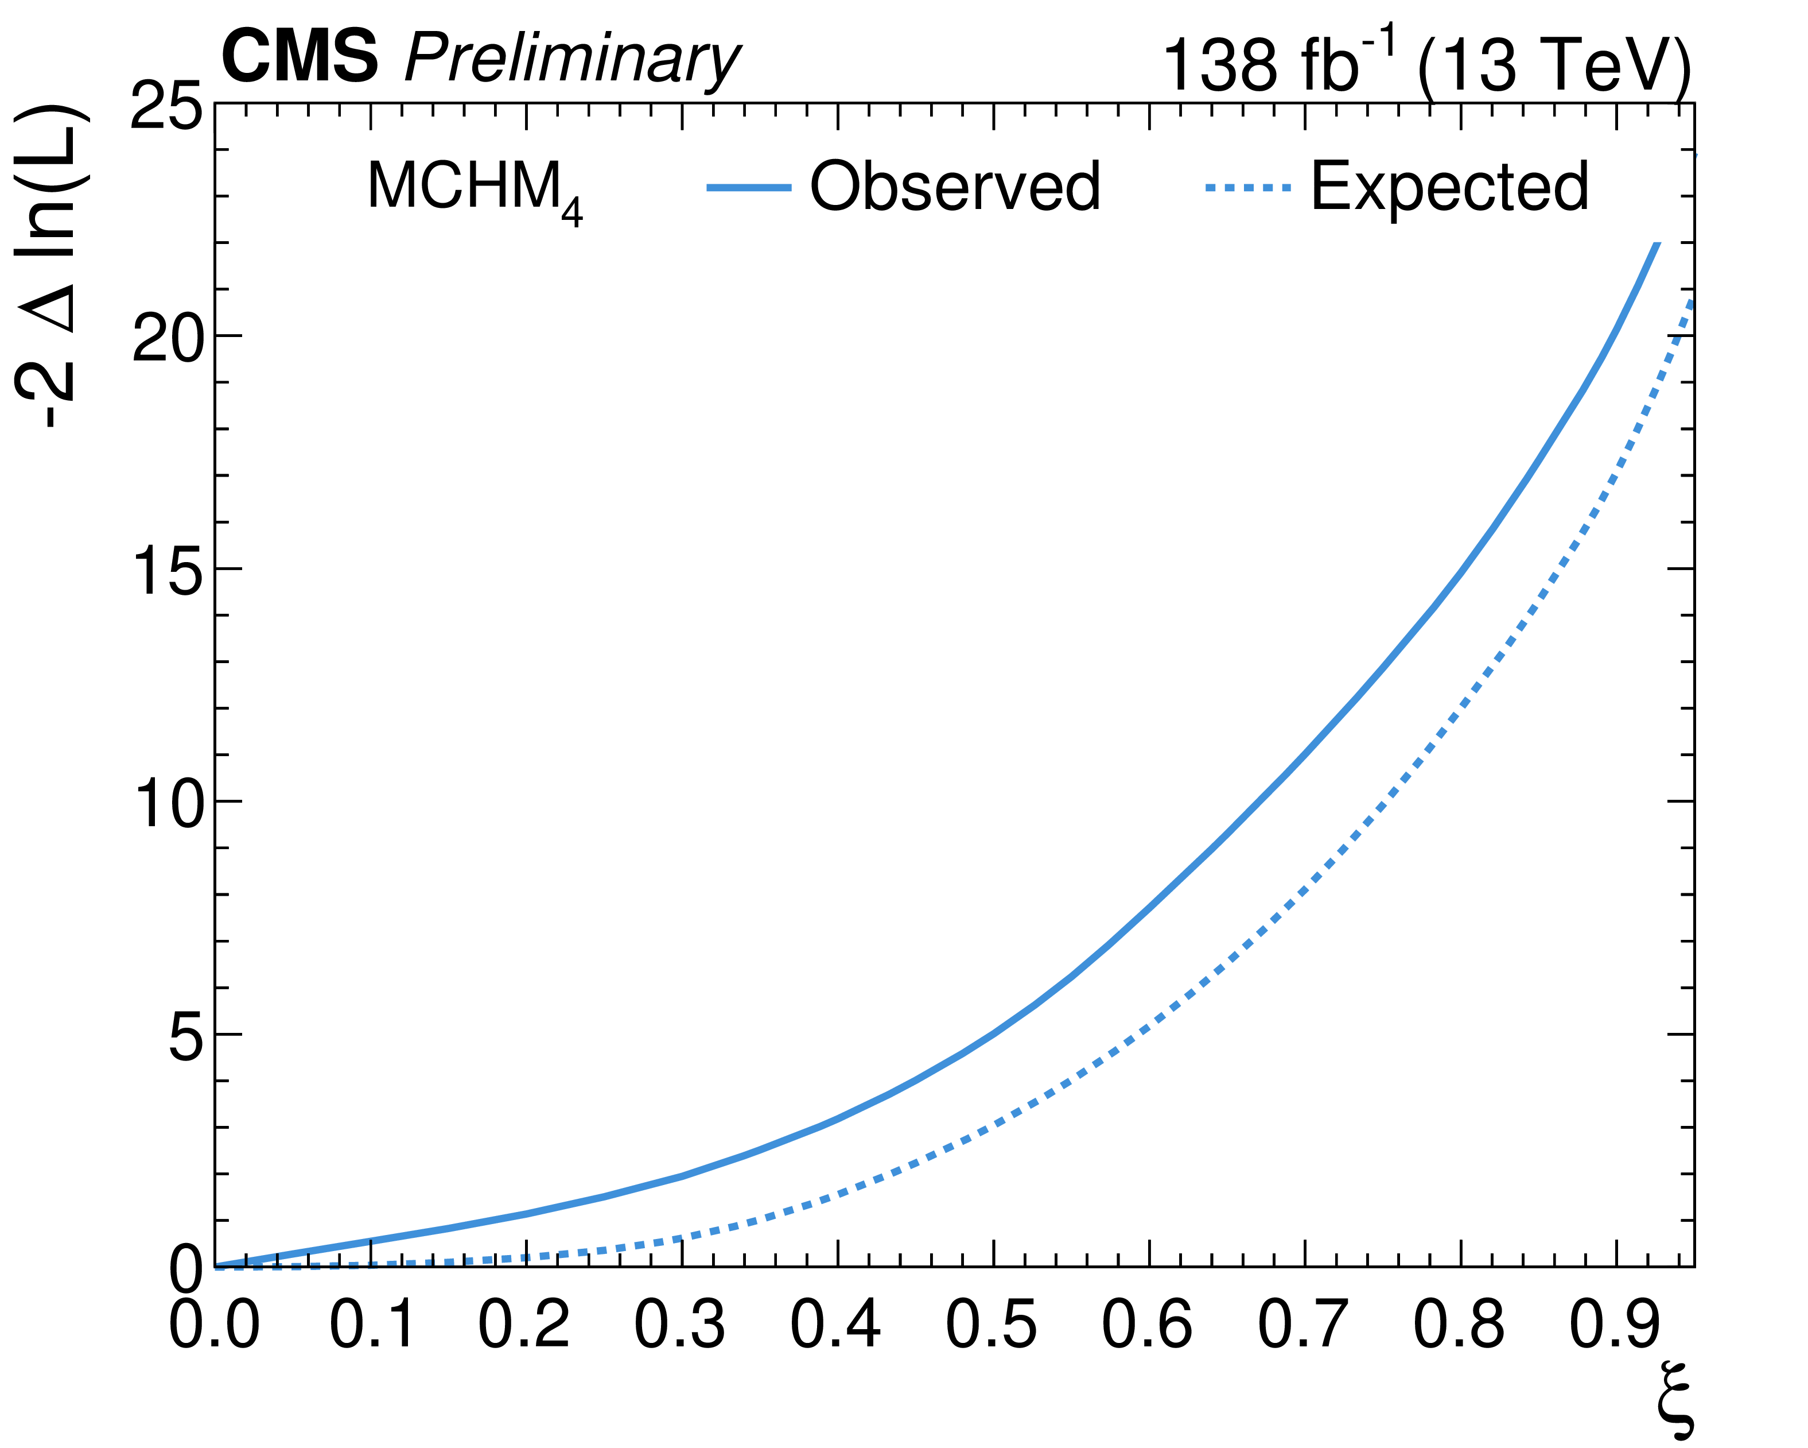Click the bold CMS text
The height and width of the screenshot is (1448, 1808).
(300, 56)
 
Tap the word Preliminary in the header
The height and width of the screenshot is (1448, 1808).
(572, 60)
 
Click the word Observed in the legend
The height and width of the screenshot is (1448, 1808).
(954, 186)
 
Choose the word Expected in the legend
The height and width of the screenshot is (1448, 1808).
(1449, 186)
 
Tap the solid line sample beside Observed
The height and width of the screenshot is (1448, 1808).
(749, 188)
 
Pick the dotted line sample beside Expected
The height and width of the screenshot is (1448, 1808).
(1248, 188)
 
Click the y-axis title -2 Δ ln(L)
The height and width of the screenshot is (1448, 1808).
(52, 267)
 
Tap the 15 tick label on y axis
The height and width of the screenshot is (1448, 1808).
(168, 571)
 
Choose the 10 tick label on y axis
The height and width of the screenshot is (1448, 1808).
(168, 804)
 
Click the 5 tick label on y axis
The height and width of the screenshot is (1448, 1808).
(186, 1037)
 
